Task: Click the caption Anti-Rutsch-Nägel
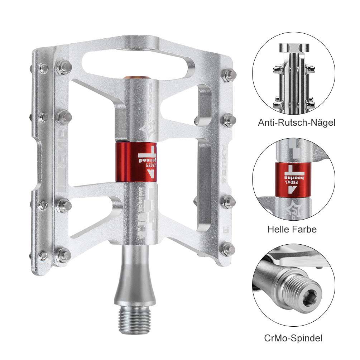coord(297,123)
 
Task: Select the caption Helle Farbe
coord(292,229)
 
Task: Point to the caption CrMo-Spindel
coord(292,337)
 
